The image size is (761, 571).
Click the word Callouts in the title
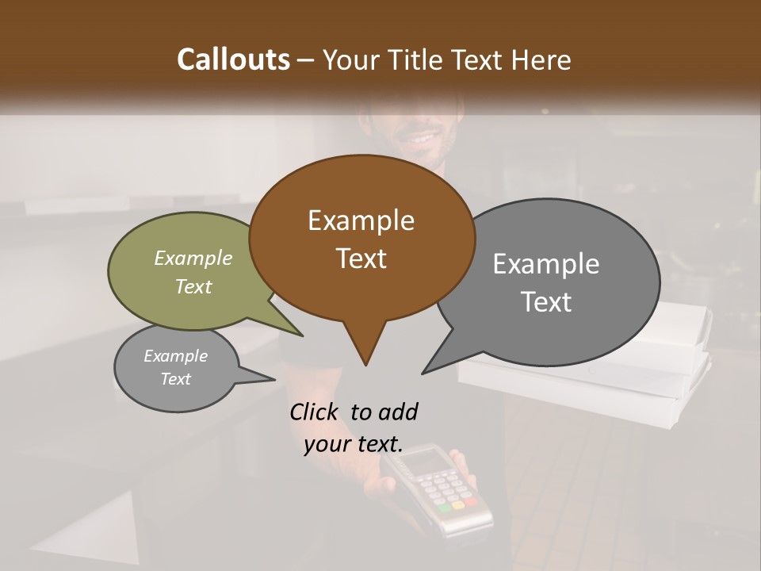point(233,59)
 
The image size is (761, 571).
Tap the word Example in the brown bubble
point(361,220)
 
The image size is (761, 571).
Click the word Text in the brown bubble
point(361,259)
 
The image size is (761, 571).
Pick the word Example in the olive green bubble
point(193,258)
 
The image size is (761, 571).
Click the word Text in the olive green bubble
point(193,286)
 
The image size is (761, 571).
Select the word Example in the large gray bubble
point(545,264)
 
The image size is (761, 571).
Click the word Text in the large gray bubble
point(545,302)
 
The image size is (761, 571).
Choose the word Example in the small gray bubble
point(175,356)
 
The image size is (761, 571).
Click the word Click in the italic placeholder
point(315,412)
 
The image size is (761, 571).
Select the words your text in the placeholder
point(353,445)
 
